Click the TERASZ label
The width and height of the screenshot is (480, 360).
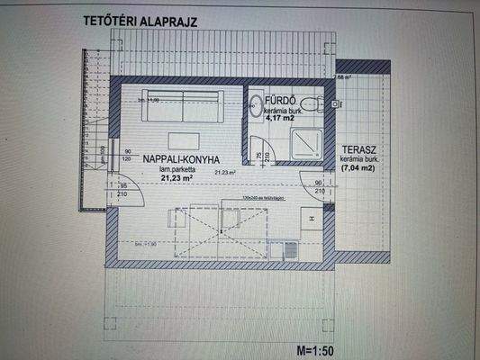coord(358,150)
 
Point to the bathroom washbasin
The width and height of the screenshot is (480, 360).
coord(256,105)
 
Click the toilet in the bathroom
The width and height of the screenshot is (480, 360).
coord(312,104)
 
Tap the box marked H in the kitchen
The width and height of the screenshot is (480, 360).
coord(309,219)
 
